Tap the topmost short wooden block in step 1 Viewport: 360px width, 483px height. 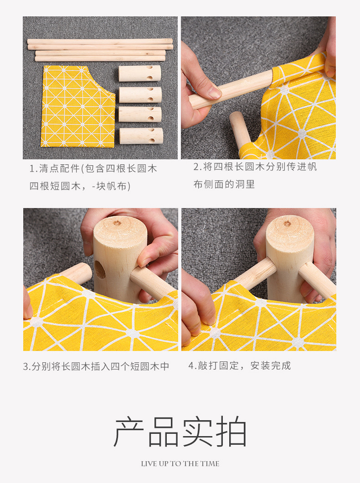click(x=140, y=73)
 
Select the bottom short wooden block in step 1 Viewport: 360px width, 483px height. click(x=141, y=136)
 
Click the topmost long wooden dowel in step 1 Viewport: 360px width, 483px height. click(x=100, y=41)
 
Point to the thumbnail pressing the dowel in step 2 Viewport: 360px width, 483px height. click(x=214, y=92)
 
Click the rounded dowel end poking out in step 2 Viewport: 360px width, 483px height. click(x=236, y=119)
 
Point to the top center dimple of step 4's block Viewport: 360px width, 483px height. click(x=287, y=223)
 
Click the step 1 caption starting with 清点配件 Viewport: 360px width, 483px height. click(x=93, y=168)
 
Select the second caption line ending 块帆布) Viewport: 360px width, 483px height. click(x=80, y=186)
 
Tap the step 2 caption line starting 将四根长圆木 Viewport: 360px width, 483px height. click(x=255, y=167)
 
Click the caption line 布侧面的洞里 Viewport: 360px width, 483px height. click(x=224, y=184)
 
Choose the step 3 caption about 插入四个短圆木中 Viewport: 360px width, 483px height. click(x=96, y=366)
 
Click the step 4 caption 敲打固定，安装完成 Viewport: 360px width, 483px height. click(x=240, y=366)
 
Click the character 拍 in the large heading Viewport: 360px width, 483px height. click(x=231, y=432)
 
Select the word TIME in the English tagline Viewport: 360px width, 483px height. click(x=210, y=464)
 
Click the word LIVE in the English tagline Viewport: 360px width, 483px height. click(x=149, y=464)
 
